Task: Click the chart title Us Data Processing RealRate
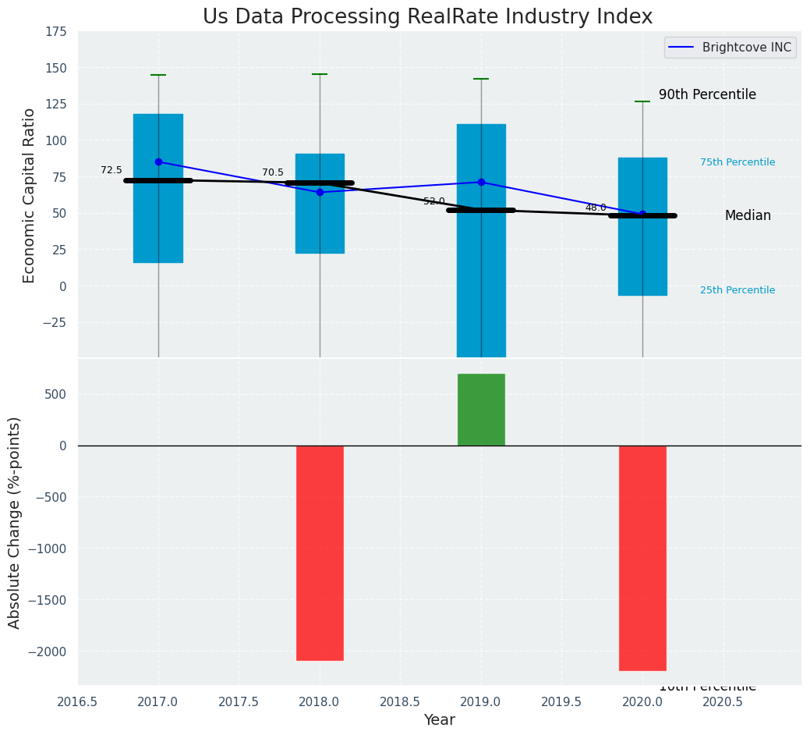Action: (427, 17)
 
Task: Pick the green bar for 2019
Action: (481, 410)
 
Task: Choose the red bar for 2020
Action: (642, 558)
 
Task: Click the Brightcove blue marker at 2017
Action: (158, 162)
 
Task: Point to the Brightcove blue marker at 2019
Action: (481, 182)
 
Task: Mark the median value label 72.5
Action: (111, 170)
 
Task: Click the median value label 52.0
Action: (434, 201)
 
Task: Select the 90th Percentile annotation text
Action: (707, 94)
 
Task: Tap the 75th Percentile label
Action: (737, 162)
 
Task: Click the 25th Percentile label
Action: (737, 290)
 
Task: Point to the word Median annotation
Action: (748, 216)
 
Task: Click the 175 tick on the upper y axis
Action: (55, 32)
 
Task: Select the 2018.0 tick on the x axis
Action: (320, 701)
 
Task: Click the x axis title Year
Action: (440, 720)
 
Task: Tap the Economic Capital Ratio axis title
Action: (30, 195)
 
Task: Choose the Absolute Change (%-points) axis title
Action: (15, 522)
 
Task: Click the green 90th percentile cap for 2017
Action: (158, 75)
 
